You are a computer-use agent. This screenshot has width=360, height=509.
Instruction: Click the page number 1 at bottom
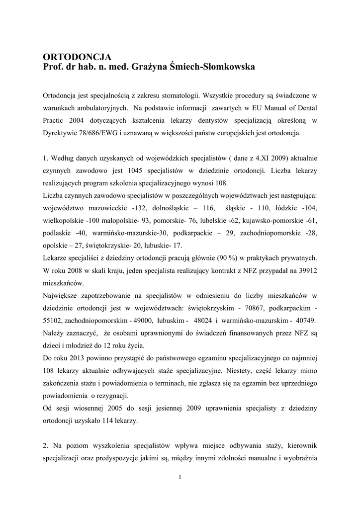pyautogui.click(x=180, y=477)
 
